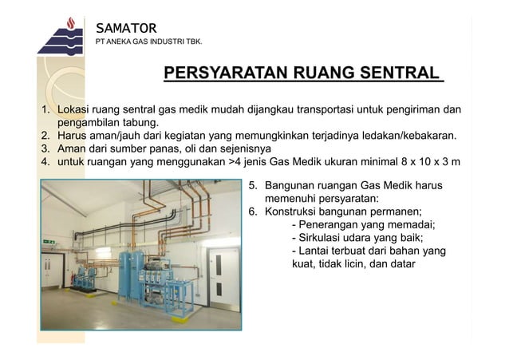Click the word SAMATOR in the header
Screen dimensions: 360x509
(x=126, y=29)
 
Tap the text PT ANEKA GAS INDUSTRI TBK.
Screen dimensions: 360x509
(x=148, y=41)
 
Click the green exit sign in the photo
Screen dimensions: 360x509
(x=49, y=241)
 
